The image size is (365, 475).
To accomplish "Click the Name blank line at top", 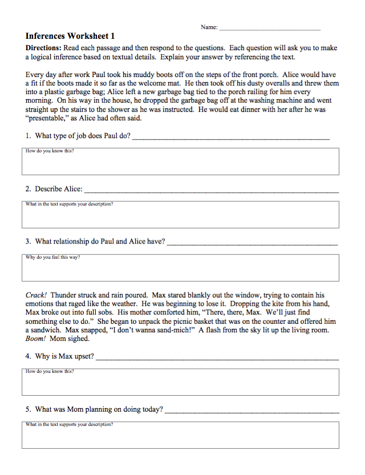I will (x=270, y=29).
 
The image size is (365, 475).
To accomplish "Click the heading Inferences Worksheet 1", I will (x=70, y=35).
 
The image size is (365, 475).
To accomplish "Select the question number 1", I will (x=28, y=136).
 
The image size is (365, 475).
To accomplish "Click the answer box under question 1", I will (x=180, y=162).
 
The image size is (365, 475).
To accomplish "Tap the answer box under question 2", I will (x=180, y=215).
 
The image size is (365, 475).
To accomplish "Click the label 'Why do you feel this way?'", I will (x=52, y=257).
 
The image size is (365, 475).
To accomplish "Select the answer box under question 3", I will (x=180, y=268).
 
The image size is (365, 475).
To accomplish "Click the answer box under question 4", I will (x=180, y=383).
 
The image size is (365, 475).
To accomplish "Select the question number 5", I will (x=28, y=409).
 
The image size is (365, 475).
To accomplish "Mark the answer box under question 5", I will (x=180, y=435).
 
